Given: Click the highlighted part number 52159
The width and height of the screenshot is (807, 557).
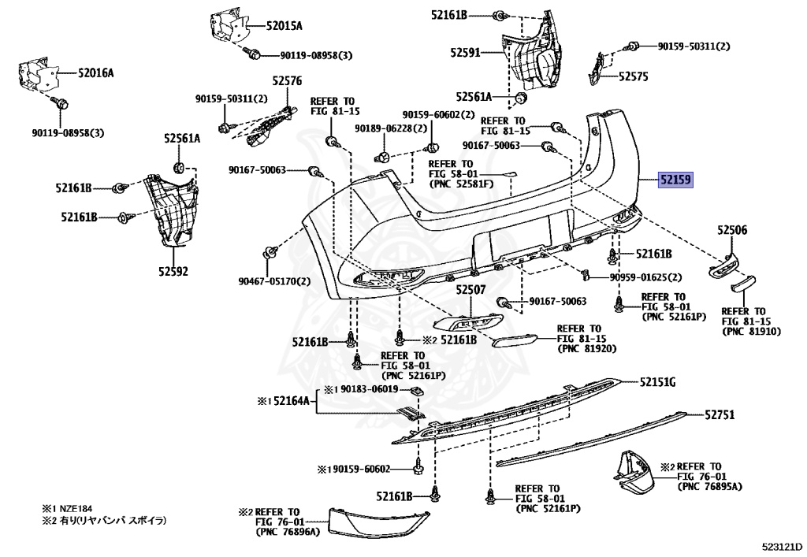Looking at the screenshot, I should pyautogui.click(x=675, y=180).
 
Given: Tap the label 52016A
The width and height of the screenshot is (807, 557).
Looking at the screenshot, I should pyautogui.click(x=95, y=73).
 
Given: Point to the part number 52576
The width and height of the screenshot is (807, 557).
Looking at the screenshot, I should pyautogui.click(x=288, y=80).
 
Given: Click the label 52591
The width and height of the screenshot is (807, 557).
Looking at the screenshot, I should pyautogui.click(x=466, y=53).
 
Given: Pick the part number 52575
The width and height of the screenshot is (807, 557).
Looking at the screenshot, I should pyautogui.click(x=633, y=76).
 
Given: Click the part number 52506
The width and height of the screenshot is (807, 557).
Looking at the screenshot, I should pyautogui.click(x=732, y=231).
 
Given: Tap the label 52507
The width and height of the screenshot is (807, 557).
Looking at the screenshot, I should pyautogui.click(x=470, y=290).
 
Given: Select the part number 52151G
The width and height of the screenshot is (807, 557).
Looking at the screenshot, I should pyautogui.click(x=657, y=382).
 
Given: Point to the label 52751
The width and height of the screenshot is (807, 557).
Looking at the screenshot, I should pyautogui.click(x=720, y=414).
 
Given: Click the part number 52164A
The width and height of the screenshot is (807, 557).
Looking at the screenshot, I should pyautogui.click(x=293, y=401).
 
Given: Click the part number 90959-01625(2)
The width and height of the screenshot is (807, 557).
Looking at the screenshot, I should pyautogui.click(x=645, y=277).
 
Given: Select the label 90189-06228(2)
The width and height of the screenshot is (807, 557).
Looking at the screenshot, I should pyautogui.click(x=391, y=128).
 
